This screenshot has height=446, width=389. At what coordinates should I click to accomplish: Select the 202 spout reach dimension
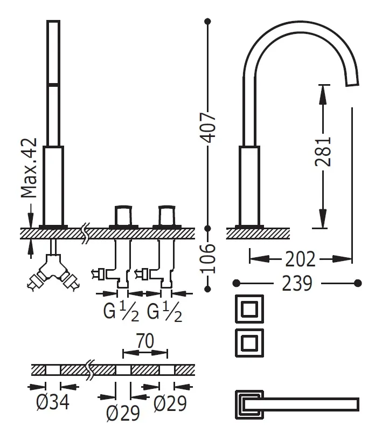(300, 259)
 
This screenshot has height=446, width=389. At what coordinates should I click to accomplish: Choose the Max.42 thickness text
(30, 168)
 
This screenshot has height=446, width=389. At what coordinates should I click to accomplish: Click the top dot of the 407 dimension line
(208, 22)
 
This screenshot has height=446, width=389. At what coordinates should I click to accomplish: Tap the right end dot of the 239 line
(358, 282)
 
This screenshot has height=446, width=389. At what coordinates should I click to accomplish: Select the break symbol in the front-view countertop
(85, 233)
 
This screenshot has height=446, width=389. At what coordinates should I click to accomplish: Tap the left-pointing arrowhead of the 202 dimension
(254, 259)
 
